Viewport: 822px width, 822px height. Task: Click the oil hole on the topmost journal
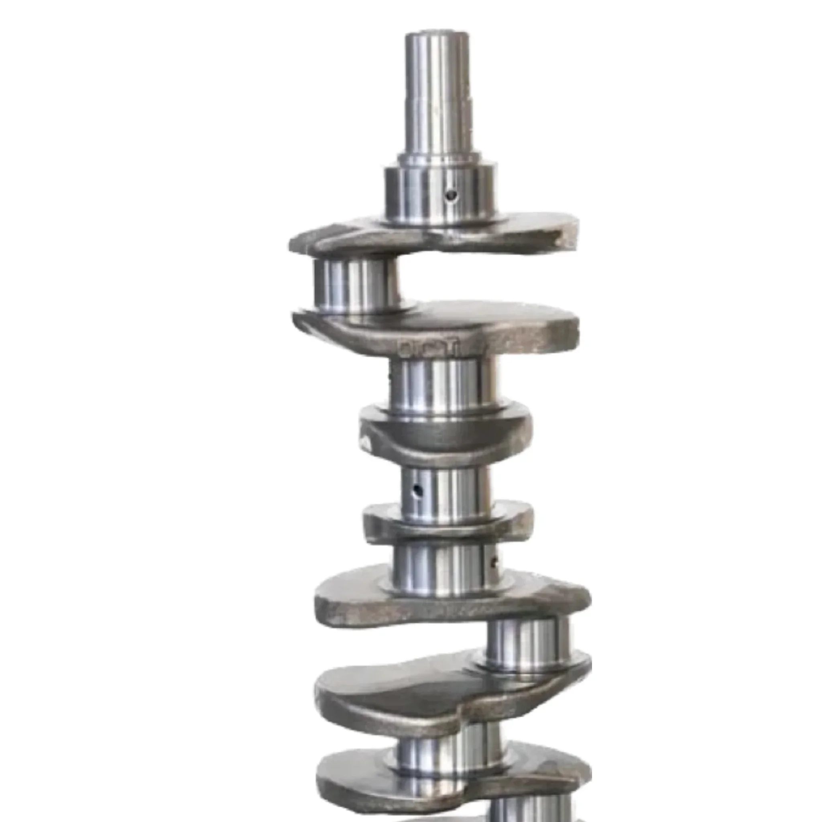[451, 196]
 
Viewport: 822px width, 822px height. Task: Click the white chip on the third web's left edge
[366, 445]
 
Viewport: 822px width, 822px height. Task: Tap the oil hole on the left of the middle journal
[418, 490]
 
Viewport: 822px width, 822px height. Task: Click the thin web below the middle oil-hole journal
[447, 525]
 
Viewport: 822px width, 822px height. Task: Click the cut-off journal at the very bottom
[527, 810]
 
